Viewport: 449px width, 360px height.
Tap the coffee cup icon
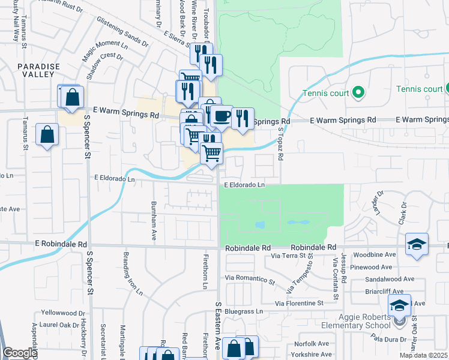pos(221,115)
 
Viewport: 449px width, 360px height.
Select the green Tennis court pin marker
pos(358,92)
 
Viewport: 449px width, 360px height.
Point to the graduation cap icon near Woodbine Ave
pos(416,244)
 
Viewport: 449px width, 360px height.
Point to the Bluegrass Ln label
pos(244,311)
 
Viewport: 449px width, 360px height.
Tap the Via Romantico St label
pos(250,279)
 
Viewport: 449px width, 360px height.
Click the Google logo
pos(20,353)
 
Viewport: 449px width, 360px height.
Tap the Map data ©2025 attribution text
pos(423,355)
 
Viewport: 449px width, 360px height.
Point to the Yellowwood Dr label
pos(64,313)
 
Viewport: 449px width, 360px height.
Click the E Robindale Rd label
pos(61,244)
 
